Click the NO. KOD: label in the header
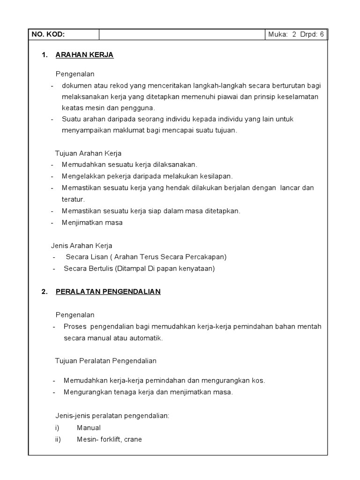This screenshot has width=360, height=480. click(48, 35)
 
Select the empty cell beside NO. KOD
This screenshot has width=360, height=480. click(182, 35)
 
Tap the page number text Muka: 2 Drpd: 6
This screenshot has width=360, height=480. click(296, 35)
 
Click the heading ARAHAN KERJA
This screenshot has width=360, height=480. click(84, 55)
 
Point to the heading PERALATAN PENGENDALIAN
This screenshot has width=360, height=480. click(108, 292)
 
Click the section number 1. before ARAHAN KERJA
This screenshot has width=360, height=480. click(45, 55)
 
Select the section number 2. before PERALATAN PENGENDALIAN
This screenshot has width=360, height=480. click(45, 292)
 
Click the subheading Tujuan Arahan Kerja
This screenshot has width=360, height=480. click(88, 153)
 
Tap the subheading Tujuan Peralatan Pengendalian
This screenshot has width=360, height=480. click(105, 361)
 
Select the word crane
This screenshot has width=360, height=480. click(133, 440)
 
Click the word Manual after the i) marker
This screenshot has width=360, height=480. click(89, 428)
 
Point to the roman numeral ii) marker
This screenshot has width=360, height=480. click(58, 440)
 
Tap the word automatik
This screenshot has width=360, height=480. click(146, 338)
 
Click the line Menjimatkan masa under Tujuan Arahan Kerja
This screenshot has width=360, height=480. click(92, 223)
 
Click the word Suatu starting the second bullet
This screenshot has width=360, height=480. click(71, 119)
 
